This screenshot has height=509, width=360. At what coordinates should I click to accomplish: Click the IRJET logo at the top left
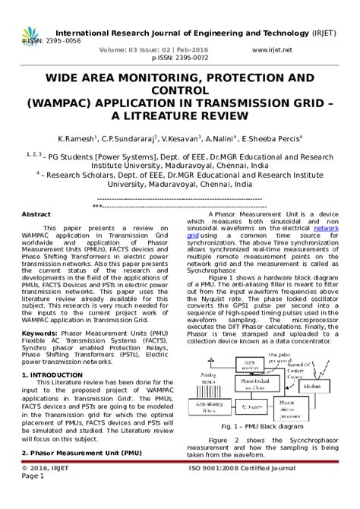tap(30, 38)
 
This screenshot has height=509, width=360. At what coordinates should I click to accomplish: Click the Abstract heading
tap(36, 215)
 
